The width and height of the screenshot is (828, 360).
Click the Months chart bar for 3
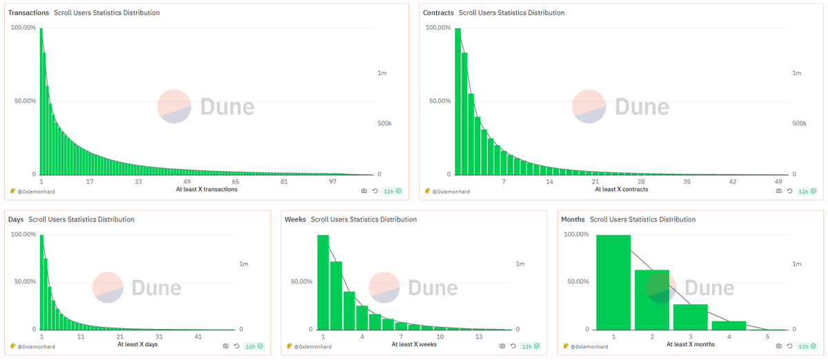(691, 317)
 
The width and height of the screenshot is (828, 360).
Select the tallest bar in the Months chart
(613, 283)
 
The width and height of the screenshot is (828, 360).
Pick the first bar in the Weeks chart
(323, 283)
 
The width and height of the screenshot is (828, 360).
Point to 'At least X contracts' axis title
(622, 190)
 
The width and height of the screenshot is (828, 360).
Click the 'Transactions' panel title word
(28, 13)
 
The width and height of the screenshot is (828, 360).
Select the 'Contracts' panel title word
(438, 13)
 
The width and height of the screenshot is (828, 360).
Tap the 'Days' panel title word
(16, 219)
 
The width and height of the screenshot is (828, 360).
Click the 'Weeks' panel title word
(295, 219)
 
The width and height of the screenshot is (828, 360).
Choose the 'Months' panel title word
(573, 219)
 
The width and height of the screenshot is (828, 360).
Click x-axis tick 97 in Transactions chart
(333, 181)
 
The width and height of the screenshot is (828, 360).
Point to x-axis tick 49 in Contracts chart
(778, 181)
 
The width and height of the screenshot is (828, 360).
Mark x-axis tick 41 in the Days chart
(198, 337)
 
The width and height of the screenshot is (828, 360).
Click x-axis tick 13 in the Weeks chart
(478, 337)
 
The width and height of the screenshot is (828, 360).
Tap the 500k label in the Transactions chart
(384, 123)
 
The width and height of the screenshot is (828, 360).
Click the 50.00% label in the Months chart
(577, 281)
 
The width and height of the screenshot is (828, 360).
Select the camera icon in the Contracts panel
(778, 191)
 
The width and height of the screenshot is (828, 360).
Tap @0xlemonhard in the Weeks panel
(313, 346)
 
